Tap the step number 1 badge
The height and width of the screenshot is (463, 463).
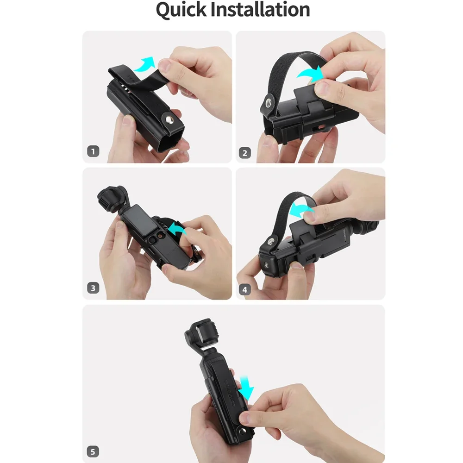point(93,151)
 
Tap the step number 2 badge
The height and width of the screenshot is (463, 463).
point(245,152)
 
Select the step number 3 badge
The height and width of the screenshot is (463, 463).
point(93,288)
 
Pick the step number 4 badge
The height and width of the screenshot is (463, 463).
point(245,290)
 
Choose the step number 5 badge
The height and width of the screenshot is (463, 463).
point(93,450)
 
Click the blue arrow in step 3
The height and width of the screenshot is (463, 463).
point(179,228)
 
